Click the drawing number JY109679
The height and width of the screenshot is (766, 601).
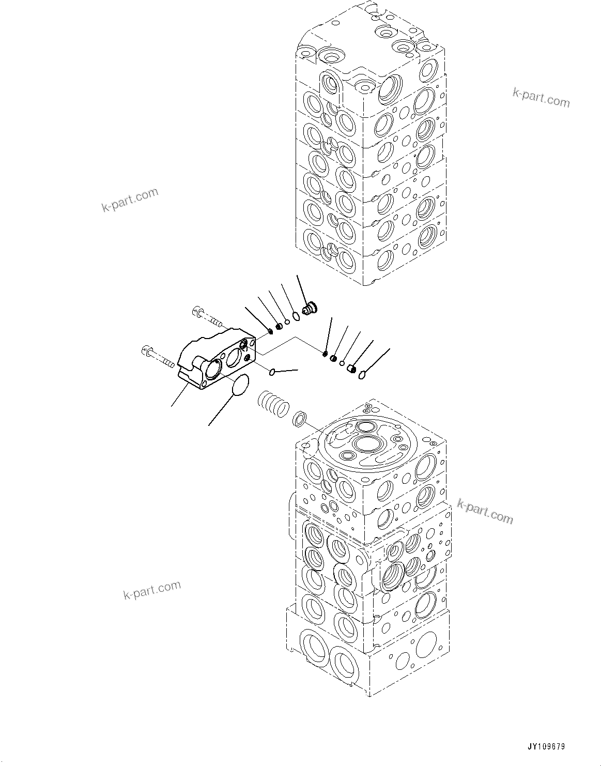point(546,747)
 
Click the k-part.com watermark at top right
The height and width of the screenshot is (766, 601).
point(541,97)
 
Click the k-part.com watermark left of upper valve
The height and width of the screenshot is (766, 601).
point(129,201)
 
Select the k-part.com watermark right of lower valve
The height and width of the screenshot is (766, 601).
point(485,511)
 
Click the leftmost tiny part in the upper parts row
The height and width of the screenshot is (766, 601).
point(271,331)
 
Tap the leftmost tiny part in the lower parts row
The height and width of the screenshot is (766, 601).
point(325,354)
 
